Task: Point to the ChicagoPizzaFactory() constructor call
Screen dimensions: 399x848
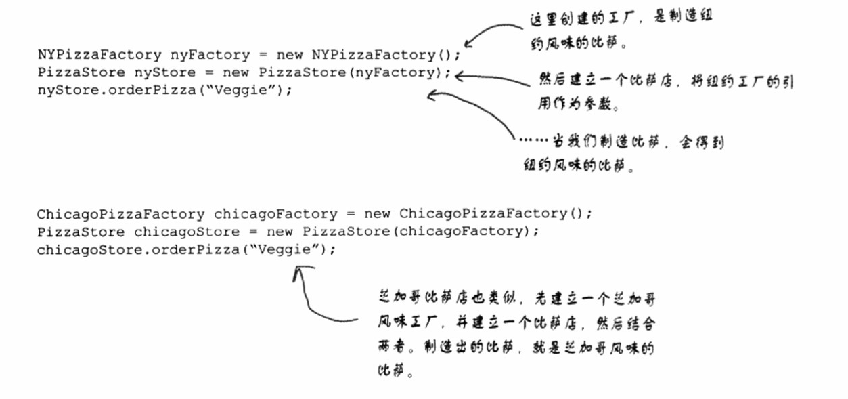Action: [495, 214]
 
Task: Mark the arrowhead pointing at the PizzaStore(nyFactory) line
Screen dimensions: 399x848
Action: [459, 76]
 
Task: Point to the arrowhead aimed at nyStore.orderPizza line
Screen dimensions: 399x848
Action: [431, 96]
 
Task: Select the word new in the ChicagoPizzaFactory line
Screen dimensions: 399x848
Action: [377, 214]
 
